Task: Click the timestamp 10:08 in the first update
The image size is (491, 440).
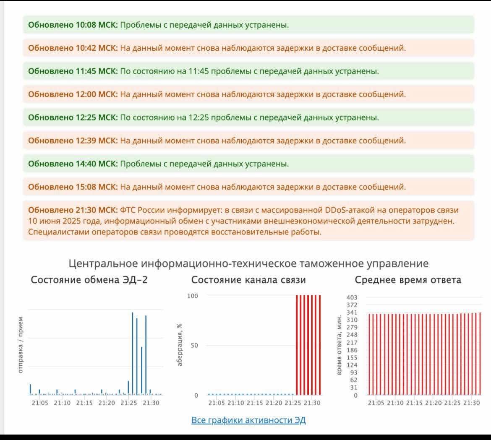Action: pos(86,25)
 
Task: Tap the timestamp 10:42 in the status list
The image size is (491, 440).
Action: pos(86,48)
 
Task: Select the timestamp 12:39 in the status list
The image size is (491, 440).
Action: pos(86,141)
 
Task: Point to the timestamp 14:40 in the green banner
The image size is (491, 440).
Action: pos(86,164)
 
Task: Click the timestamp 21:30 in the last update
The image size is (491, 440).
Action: pos(86,210)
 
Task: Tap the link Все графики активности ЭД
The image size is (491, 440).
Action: pos(248,420)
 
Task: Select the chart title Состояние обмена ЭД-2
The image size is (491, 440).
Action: pos(89,280)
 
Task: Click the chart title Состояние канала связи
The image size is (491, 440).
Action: pos(248,280)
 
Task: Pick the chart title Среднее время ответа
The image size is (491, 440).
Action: pos(408,280)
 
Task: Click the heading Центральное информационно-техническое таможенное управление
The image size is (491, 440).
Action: pos(248,263)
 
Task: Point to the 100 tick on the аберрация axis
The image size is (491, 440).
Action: pos(193,296)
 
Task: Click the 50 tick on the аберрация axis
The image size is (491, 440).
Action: pos(194,346)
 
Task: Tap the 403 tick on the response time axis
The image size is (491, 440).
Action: pos(352,297)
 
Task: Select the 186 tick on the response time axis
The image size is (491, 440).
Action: pos(352,350)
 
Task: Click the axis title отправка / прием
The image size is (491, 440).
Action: pos(21,345)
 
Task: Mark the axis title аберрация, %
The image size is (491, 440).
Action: pos(180,345)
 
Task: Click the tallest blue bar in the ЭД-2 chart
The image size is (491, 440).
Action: pos(133,353)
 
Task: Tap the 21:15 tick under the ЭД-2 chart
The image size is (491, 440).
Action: pos(84,403)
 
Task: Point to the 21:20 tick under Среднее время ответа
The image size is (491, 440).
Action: pos(434,403)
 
